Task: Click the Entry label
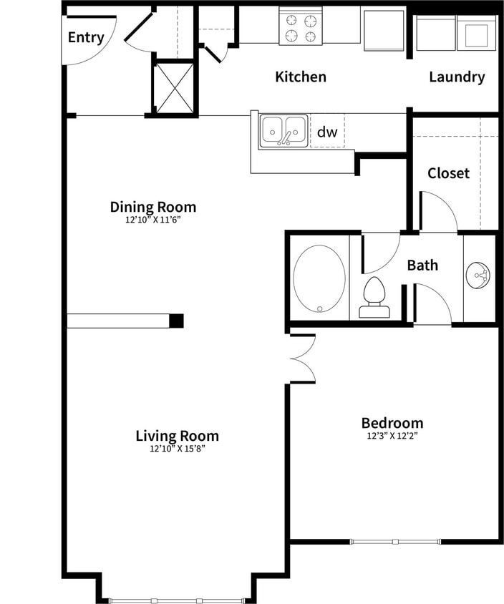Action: (86, 38)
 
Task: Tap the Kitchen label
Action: (301, 77)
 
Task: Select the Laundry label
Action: (457, 77)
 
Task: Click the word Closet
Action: (448, 173)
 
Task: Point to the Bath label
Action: (422, 266)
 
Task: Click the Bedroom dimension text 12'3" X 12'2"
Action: (392, 435)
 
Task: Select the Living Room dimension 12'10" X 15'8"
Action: (177, 449)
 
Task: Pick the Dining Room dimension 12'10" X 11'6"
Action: (152, 220)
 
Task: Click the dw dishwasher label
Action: (326, 132)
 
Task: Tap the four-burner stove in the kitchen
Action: (300, 27)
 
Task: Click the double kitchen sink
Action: (283, 131)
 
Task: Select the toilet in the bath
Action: (374, 298)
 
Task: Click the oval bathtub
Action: (319, 278)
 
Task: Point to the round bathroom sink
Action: (479, 276)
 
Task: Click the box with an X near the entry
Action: (174, 87)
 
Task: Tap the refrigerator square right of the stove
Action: (384, 29)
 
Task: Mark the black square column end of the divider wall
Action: (176, 321)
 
